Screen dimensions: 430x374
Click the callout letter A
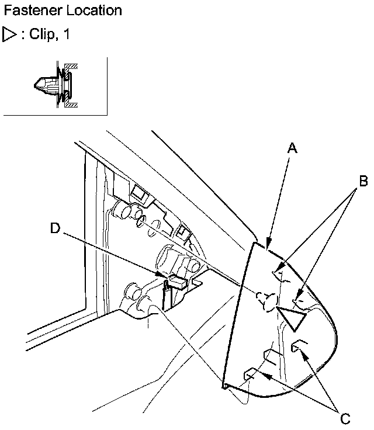point(293,148)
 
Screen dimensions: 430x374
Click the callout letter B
point(363,181)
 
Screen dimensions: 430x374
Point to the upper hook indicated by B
point(279,272)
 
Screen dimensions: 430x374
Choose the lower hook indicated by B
point(299,299)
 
